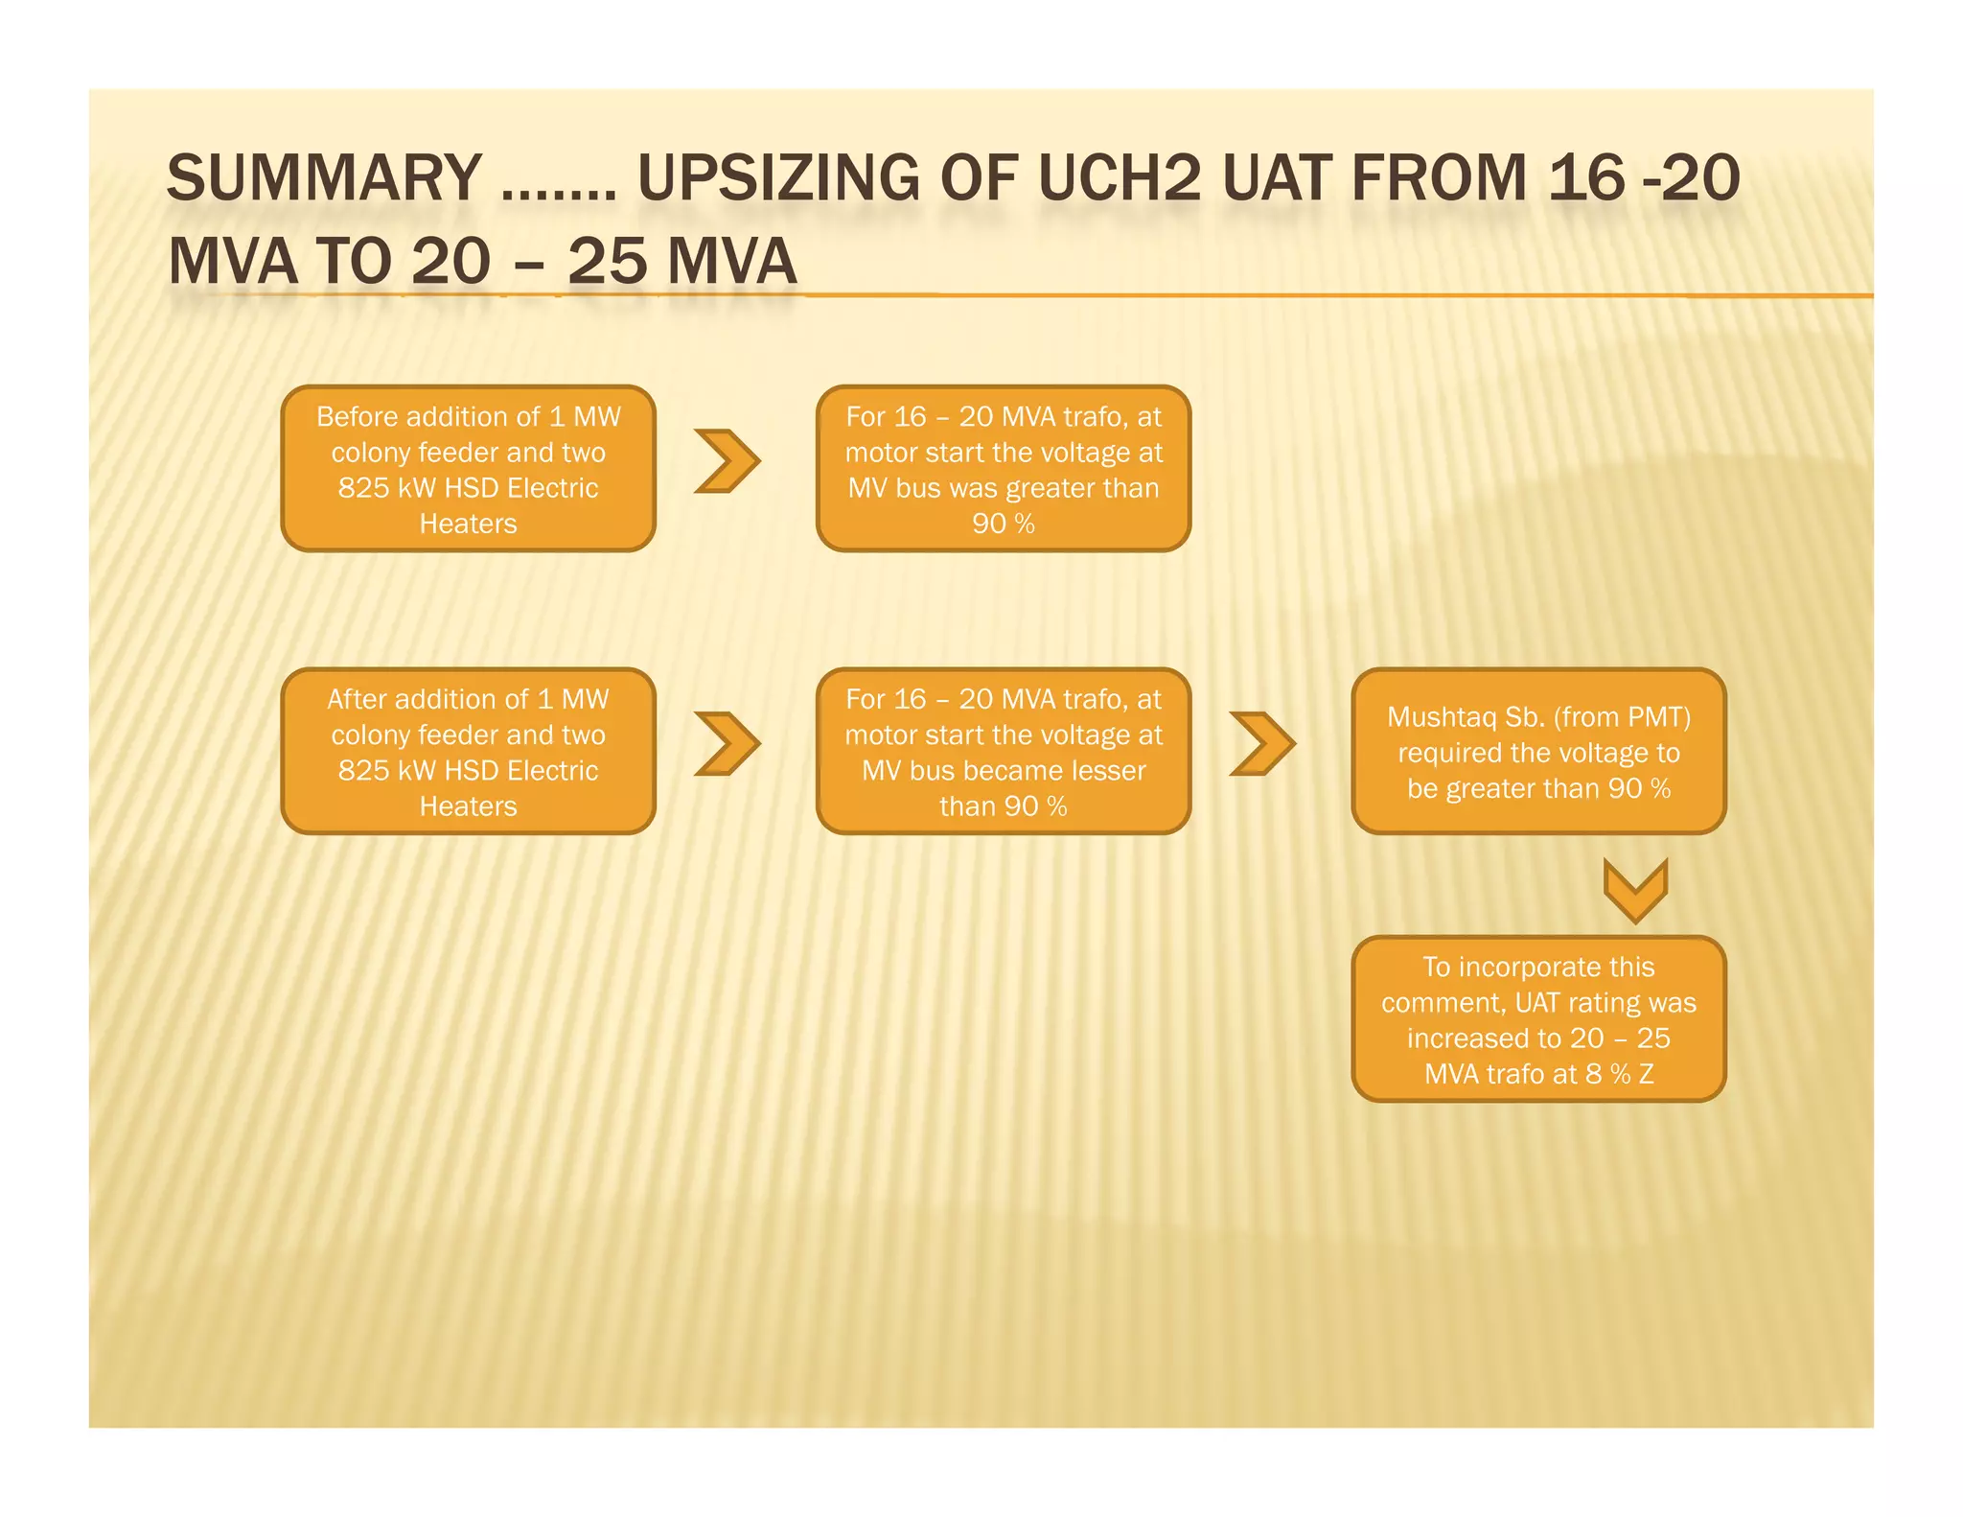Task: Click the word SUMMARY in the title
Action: point(324,178)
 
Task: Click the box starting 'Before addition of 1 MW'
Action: point(468,469)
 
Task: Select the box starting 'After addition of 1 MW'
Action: point(468,752)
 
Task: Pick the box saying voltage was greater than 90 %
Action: point(1003,469)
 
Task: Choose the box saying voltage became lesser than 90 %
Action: point(1003,752)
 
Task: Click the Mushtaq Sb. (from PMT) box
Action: point(1537,752)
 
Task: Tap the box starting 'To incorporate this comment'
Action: point(1537,1019)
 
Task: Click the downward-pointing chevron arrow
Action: point(1635,888)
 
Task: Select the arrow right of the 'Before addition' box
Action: point(727,461)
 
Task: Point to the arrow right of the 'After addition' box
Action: point(727,743)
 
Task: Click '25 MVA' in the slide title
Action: point(681,262)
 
